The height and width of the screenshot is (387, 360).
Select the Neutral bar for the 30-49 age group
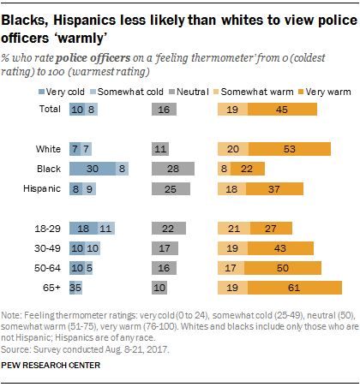164,247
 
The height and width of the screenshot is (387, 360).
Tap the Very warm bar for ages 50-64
284,267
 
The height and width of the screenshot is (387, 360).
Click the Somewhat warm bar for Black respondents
225,170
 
